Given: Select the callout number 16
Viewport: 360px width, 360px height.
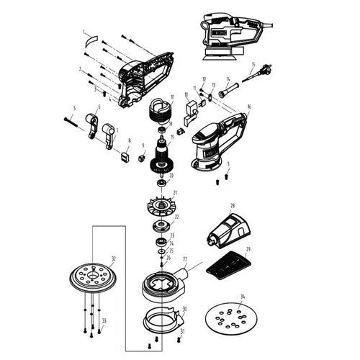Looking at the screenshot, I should point(249,107).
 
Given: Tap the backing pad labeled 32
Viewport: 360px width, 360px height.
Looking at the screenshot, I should point(92,276).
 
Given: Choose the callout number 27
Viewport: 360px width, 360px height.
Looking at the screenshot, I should point(185,258).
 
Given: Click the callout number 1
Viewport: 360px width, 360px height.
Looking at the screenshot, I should point(84,32).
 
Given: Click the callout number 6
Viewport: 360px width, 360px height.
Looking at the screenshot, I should point(99,107).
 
